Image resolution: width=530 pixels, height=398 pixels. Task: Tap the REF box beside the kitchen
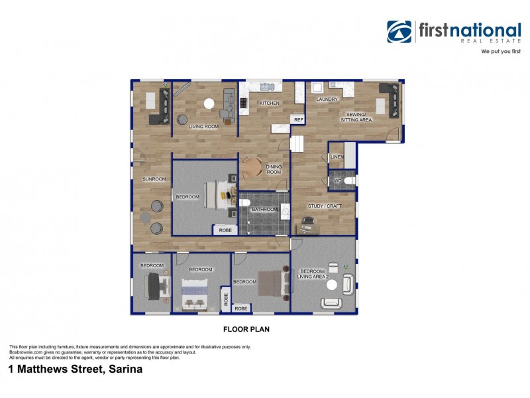click(x=298, y=120)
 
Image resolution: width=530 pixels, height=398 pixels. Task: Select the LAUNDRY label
click(x=327, y=99)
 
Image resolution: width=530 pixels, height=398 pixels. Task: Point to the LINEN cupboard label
click(x=337, y=157)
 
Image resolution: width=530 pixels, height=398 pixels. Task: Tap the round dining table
click(x=252, y=167)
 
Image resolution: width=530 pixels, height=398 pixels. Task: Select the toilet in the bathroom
click(x=244, y=203)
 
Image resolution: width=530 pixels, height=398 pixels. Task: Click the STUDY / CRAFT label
click(x=325, y=206)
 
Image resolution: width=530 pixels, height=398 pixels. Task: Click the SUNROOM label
click(x=154, y=179)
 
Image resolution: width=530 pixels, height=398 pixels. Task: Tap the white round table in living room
click(x=209, y=103)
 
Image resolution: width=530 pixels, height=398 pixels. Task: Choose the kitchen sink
click(x=267, y=86)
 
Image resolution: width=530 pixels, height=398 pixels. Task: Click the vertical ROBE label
click(x=225, y=298)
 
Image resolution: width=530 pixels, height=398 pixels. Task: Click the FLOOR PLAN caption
click(x=245, y=328)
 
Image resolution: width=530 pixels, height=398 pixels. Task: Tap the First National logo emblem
click(x=399, y=31)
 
